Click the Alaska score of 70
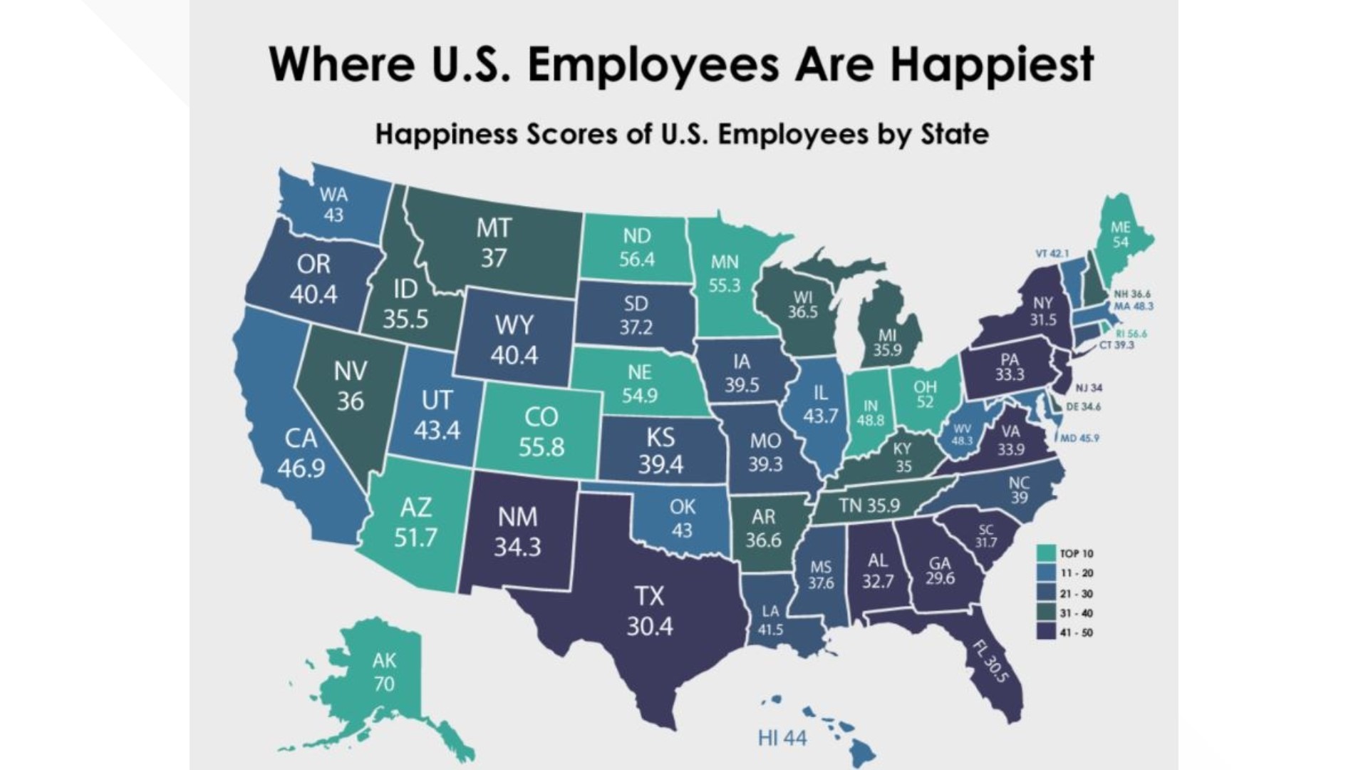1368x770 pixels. (384, 684)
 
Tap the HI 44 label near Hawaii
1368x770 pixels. (782, 738)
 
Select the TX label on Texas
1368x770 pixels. (649, 596)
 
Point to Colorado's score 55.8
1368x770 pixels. (541, 447)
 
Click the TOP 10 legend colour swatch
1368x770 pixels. (1046, 553)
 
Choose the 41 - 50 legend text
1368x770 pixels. (1076, 632)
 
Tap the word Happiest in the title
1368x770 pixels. (991, 64)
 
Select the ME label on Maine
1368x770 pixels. (1120, 227)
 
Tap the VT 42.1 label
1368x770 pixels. (1052, 253)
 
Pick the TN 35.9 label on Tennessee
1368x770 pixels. (869, 505)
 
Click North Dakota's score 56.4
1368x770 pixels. (636, 260)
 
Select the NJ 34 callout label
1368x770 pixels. (1089, 388)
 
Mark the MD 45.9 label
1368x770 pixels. (1079, 438)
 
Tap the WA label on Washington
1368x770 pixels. (333, 195)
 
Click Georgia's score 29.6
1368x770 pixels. (940, 578)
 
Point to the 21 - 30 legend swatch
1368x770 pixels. (1046, 592)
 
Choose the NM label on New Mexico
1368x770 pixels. (518, 517)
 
